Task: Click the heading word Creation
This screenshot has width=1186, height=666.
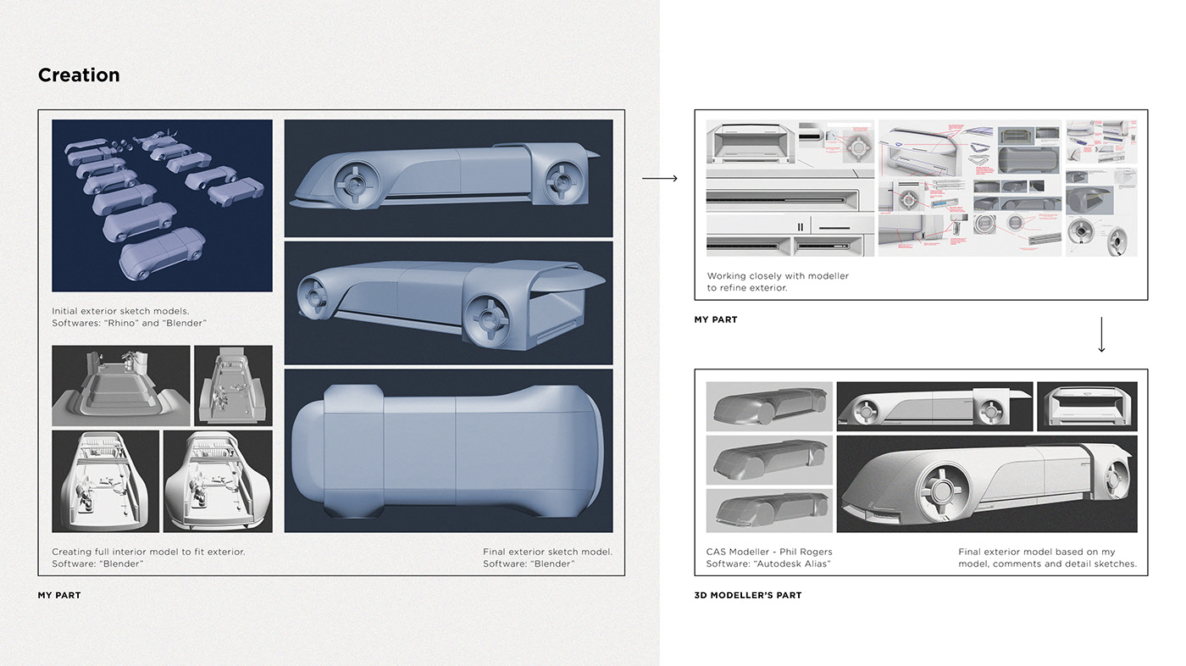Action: point(79,75)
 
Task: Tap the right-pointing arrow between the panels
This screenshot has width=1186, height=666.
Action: point(660,178)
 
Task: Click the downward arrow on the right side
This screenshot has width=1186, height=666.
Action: point(1101,335)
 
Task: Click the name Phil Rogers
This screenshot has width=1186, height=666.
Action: point(804,552)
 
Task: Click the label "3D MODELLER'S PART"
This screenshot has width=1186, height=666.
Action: point(747,595)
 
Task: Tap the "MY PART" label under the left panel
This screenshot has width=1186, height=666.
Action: point(59,595)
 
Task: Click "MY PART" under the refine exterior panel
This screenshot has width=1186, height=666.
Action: point(716,319)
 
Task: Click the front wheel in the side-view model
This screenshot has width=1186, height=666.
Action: point(349,182)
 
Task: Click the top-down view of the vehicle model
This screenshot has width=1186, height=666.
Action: point(447,450)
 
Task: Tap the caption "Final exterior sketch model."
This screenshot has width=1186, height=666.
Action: point(547,552)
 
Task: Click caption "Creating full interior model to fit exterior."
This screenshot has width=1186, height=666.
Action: point(148,552)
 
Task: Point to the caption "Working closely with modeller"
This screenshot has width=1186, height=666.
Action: point(778,275)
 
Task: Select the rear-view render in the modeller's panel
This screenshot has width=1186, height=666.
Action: point(1087,406)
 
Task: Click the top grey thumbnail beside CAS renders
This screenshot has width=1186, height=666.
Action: point(769,406)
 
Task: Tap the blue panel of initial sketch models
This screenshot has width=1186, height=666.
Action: point(162,205)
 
